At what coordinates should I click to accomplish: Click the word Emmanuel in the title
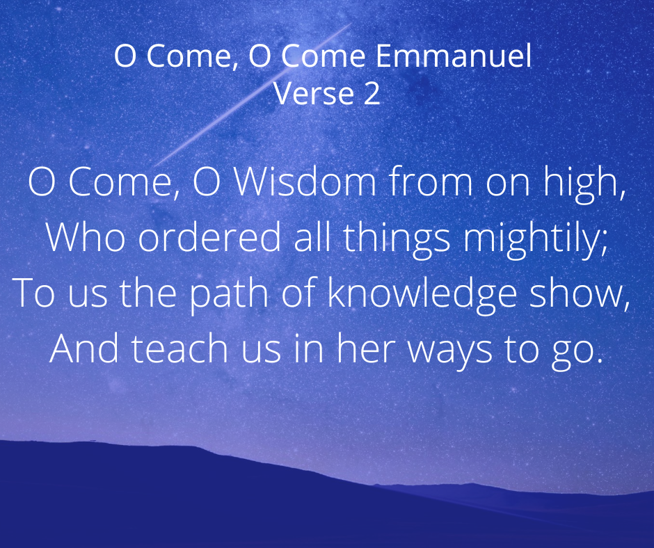click(454, 56)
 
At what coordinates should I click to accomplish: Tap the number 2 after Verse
click(372, 93)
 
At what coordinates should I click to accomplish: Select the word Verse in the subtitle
click(314, 93)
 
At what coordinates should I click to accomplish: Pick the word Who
click(85, 236)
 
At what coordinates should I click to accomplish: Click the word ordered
click(209, 236)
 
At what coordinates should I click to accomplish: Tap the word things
click(397, 239)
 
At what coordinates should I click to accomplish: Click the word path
click(229, 295)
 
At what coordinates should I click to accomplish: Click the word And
click(83, 348)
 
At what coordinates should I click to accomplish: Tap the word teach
click(180, 348)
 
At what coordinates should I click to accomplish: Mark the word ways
click(449, 353)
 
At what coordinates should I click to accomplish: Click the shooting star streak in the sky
click(253, 95)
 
